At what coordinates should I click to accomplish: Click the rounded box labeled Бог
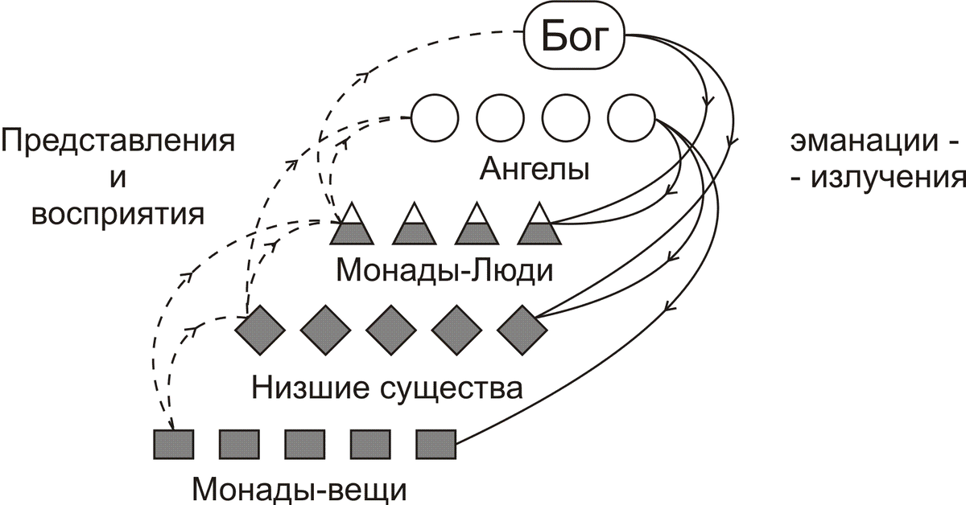point(574,36)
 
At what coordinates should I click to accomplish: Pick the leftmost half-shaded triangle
point(352,225)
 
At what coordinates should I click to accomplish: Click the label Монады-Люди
point(444,269)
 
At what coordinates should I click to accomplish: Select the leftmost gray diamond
point(260,328)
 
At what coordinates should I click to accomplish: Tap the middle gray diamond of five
point(391,328)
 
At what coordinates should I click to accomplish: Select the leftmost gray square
point(174,443)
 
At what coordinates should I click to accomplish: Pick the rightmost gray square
point(436,443)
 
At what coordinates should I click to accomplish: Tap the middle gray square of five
point(305,443)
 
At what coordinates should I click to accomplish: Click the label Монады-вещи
point(300,488)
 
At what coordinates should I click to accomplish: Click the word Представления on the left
point(118,141)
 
